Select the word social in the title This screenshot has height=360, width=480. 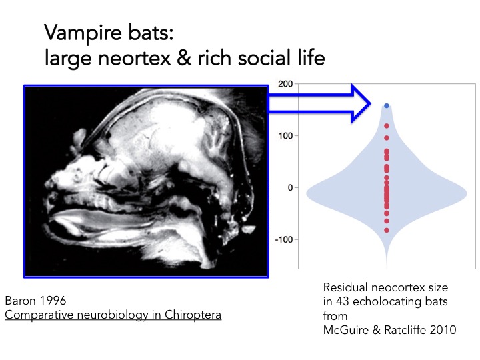pyautogui.click(x=241, y=59)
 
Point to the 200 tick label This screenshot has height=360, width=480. pyautogui.click(x=285, y=84)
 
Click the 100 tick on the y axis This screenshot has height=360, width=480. pyautogui.click(x=285, y=136)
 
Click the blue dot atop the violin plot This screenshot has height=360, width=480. pyautogui.click(x=387, y=106)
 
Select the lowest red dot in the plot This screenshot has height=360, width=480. pyautogui.click(x=387, y=230)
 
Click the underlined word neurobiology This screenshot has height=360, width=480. pyautogui.click(x=101, y=313)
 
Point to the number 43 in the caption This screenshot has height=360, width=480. pyautogui.click(x=341, y=301)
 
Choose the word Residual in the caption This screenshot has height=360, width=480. pyautogui.click(x=345, y=287)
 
